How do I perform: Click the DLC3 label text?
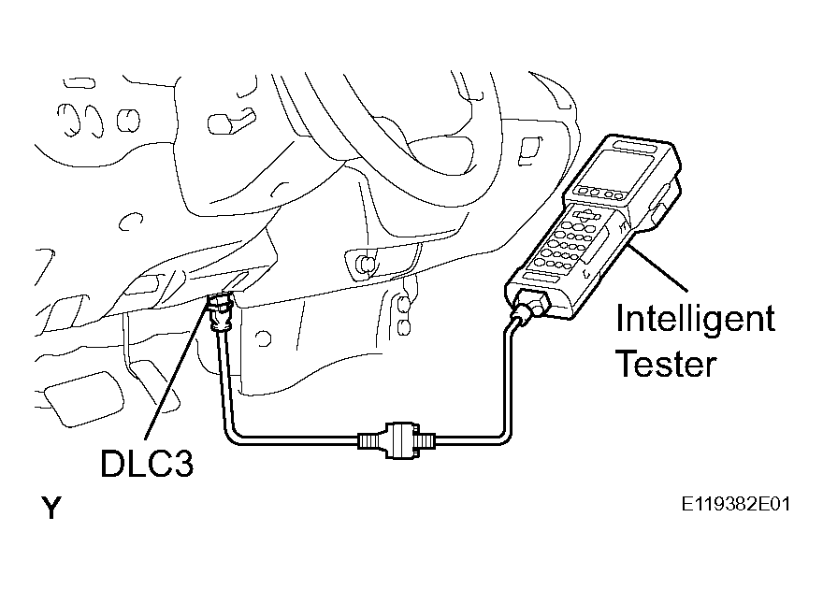147,463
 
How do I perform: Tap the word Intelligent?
695,320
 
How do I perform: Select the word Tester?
666,364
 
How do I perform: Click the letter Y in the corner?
51,508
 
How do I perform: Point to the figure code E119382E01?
735,505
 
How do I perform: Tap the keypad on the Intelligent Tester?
567,243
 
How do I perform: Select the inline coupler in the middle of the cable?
397,440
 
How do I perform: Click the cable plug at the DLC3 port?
221,313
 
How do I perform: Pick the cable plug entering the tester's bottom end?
530,306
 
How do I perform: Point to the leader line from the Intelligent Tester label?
658,267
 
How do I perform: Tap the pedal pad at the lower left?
84,397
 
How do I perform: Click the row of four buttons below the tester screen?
599,193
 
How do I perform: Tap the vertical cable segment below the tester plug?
508,378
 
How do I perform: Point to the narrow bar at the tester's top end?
635,147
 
